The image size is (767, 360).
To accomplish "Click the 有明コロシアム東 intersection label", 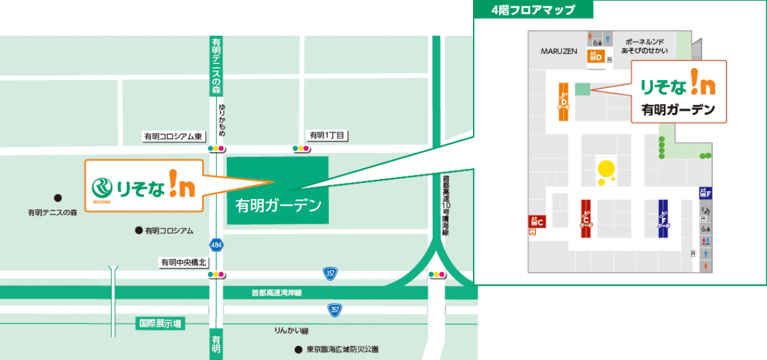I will [173, 136].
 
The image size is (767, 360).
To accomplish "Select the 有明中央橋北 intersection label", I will [183, 262].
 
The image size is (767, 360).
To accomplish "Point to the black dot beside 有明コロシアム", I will [138, 230].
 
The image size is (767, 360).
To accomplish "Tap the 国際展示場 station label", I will [160, 324].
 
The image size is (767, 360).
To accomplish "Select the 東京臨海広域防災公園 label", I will [342, 350].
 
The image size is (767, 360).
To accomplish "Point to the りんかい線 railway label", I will [291, 331].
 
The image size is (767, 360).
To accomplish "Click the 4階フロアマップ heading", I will [533, 10].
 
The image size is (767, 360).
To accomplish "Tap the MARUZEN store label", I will [559, 51].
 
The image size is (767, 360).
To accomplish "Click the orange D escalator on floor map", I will [564, 102].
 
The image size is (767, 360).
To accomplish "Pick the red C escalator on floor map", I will [585, 218].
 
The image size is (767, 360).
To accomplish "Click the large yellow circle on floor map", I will [605, 169].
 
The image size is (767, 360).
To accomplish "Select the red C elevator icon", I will [536, 221].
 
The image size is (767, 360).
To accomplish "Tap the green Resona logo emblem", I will [102, 186].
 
